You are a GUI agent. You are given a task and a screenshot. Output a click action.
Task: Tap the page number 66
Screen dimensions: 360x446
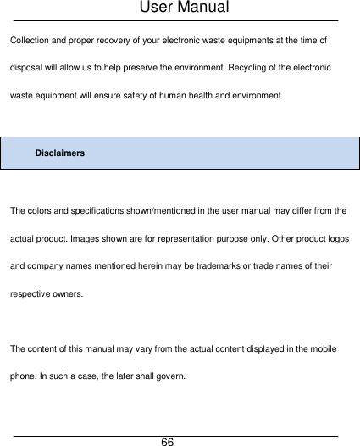tap(168, 442)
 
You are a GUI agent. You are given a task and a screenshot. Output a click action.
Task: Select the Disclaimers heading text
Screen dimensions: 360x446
tap(59, 153)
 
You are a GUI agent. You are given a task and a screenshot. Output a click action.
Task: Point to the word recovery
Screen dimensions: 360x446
tap(112, 40)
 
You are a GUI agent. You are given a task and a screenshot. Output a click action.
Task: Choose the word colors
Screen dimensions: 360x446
tap(42, 209)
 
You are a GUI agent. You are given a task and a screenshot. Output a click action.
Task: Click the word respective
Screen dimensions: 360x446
tap(31, 293)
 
